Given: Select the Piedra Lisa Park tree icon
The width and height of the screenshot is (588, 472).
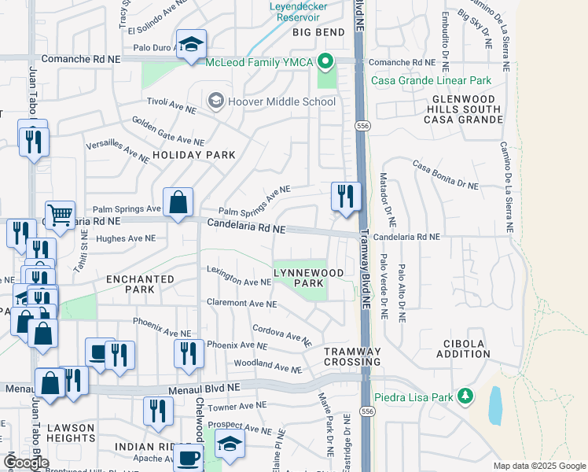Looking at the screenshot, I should click(466, 396).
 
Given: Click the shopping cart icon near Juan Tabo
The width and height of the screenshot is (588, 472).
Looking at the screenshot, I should click(60, 214).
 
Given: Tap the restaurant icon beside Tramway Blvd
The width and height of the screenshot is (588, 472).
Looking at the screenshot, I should click(346, 196).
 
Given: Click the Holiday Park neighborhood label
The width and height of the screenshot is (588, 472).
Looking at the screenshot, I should click(193, 155).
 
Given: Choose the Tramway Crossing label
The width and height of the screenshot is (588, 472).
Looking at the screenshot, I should click(352, 356).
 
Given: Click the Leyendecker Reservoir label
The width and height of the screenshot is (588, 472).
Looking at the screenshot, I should click(303, 9).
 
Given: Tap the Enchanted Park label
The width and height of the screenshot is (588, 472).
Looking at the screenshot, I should click(140, 284).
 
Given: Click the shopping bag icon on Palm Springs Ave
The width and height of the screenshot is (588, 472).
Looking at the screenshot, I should click(178, 202).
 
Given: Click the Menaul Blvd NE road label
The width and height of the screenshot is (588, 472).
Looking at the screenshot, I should click(201, 388).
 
